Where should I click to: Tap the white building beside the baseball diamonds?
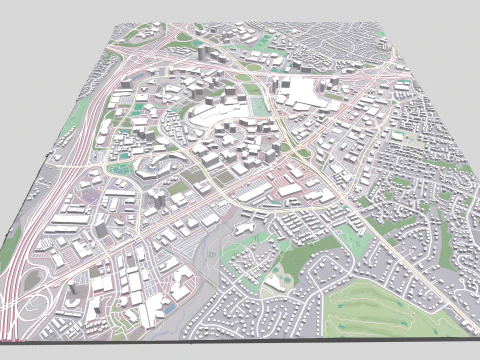pos(275,283)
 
